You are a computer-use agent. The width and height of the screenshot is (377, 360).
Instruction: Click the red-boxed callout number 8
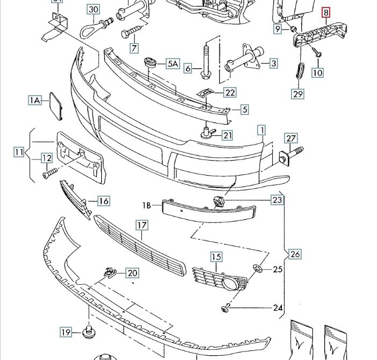[326, 12]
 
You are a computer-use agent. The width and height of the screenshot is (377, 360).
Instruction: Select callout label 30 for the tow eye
[93, 10]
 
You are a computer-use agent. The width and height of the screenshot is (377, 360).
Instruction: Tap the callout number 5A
[173, 63]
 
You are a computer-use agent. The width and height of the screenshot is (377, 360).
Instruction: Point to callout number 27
[291, 138]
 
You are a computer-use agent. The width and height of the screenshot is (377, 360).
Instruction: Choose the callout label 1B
[147, 205]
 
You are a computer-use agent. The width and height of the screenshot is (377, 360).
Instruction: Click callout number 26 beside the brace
[295, 254]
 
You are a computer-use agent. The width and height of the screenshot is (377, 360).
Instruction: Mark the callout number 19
[66, 332]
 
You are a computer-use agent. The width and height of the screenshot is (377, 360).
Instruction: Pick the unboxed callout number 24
[278, 307]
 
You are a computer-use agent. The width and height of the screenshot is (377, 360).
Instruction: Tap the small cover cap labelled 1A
[56, 106]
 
